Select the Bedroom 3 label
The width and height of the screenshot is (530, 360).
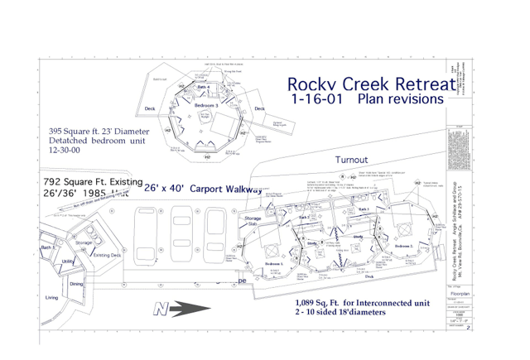coord(207,106)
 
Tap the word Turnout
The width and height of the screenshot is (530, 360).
coord(357,159)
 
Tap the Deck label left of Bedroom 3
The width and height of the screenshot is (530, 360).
coord(150,108)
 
